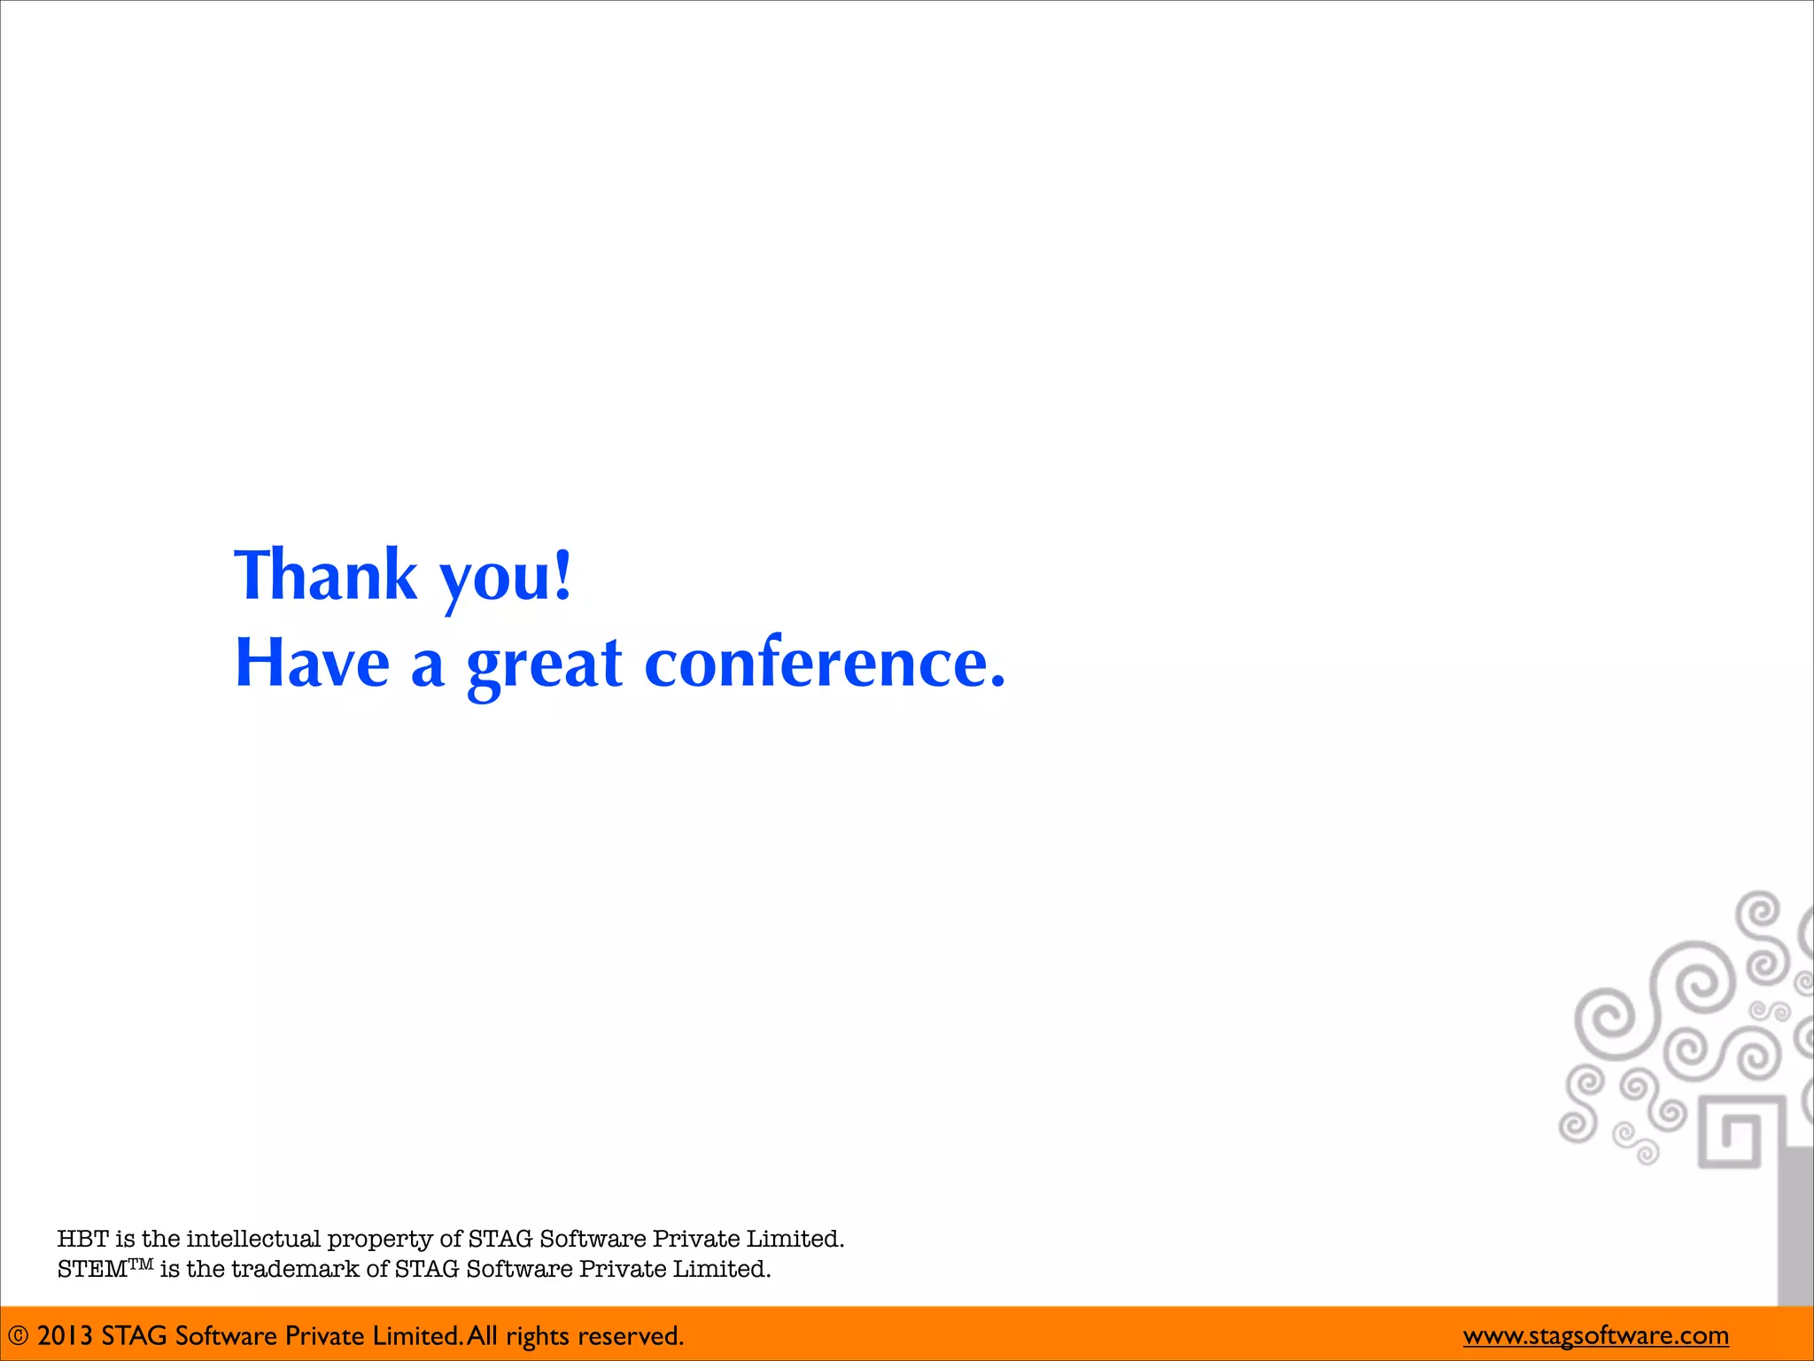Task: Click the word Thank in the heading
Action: point(325,576)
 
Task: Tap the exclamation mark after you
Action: point(562,574)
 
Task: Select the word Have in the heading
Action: point(312,663)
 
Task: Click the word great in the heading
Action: point(545,665)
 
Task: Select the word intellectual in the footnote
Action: point(253,1239)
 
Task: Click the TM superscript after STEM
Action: point(142,1264)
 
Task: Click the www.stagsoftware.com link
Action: point(1595,1335)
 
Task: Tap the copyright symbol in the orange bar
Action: point(18,1336)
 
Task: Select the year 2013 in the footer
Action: point(65,1336)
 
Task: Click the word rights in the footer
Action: point(537,1336)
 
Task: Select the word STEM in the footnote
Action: point(92,1270)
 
